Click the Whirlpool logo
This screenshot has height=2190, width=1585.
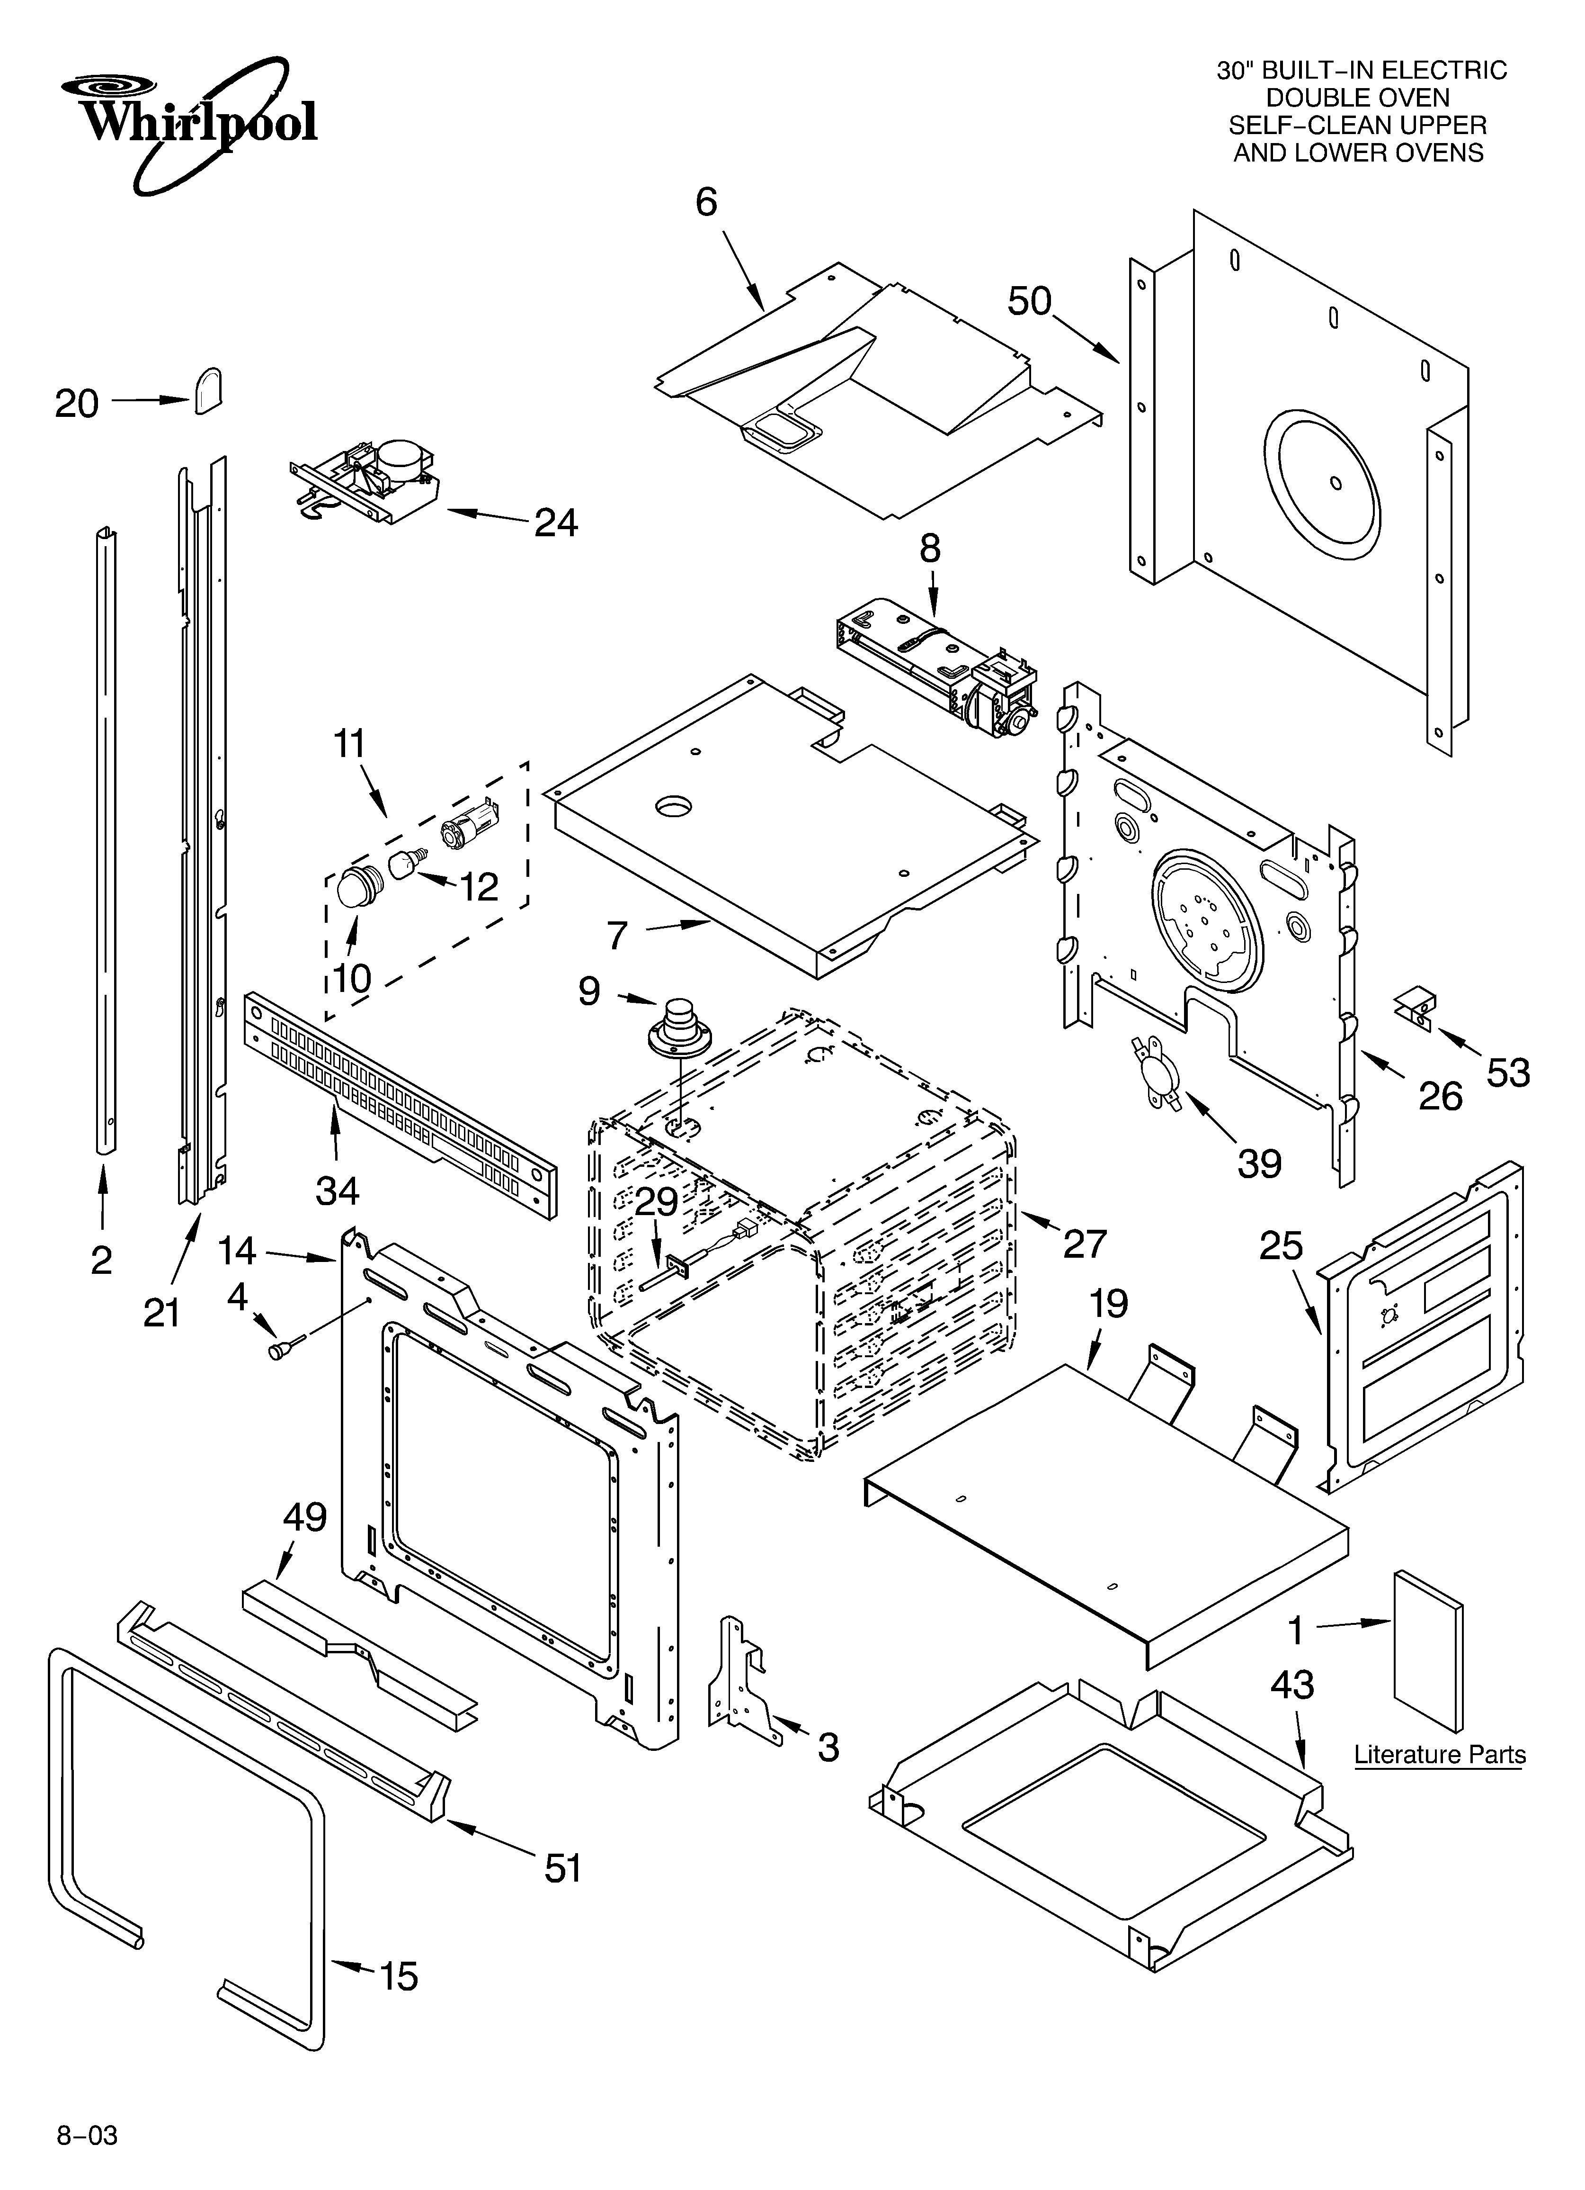tap(188, 121)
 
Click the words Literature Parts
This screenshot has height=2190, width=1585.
tap(1439, 1755)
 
